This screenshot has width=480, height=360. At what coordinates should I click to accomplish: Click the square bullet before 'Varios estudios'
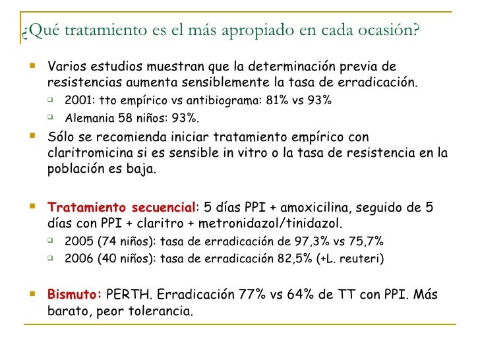34,67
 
